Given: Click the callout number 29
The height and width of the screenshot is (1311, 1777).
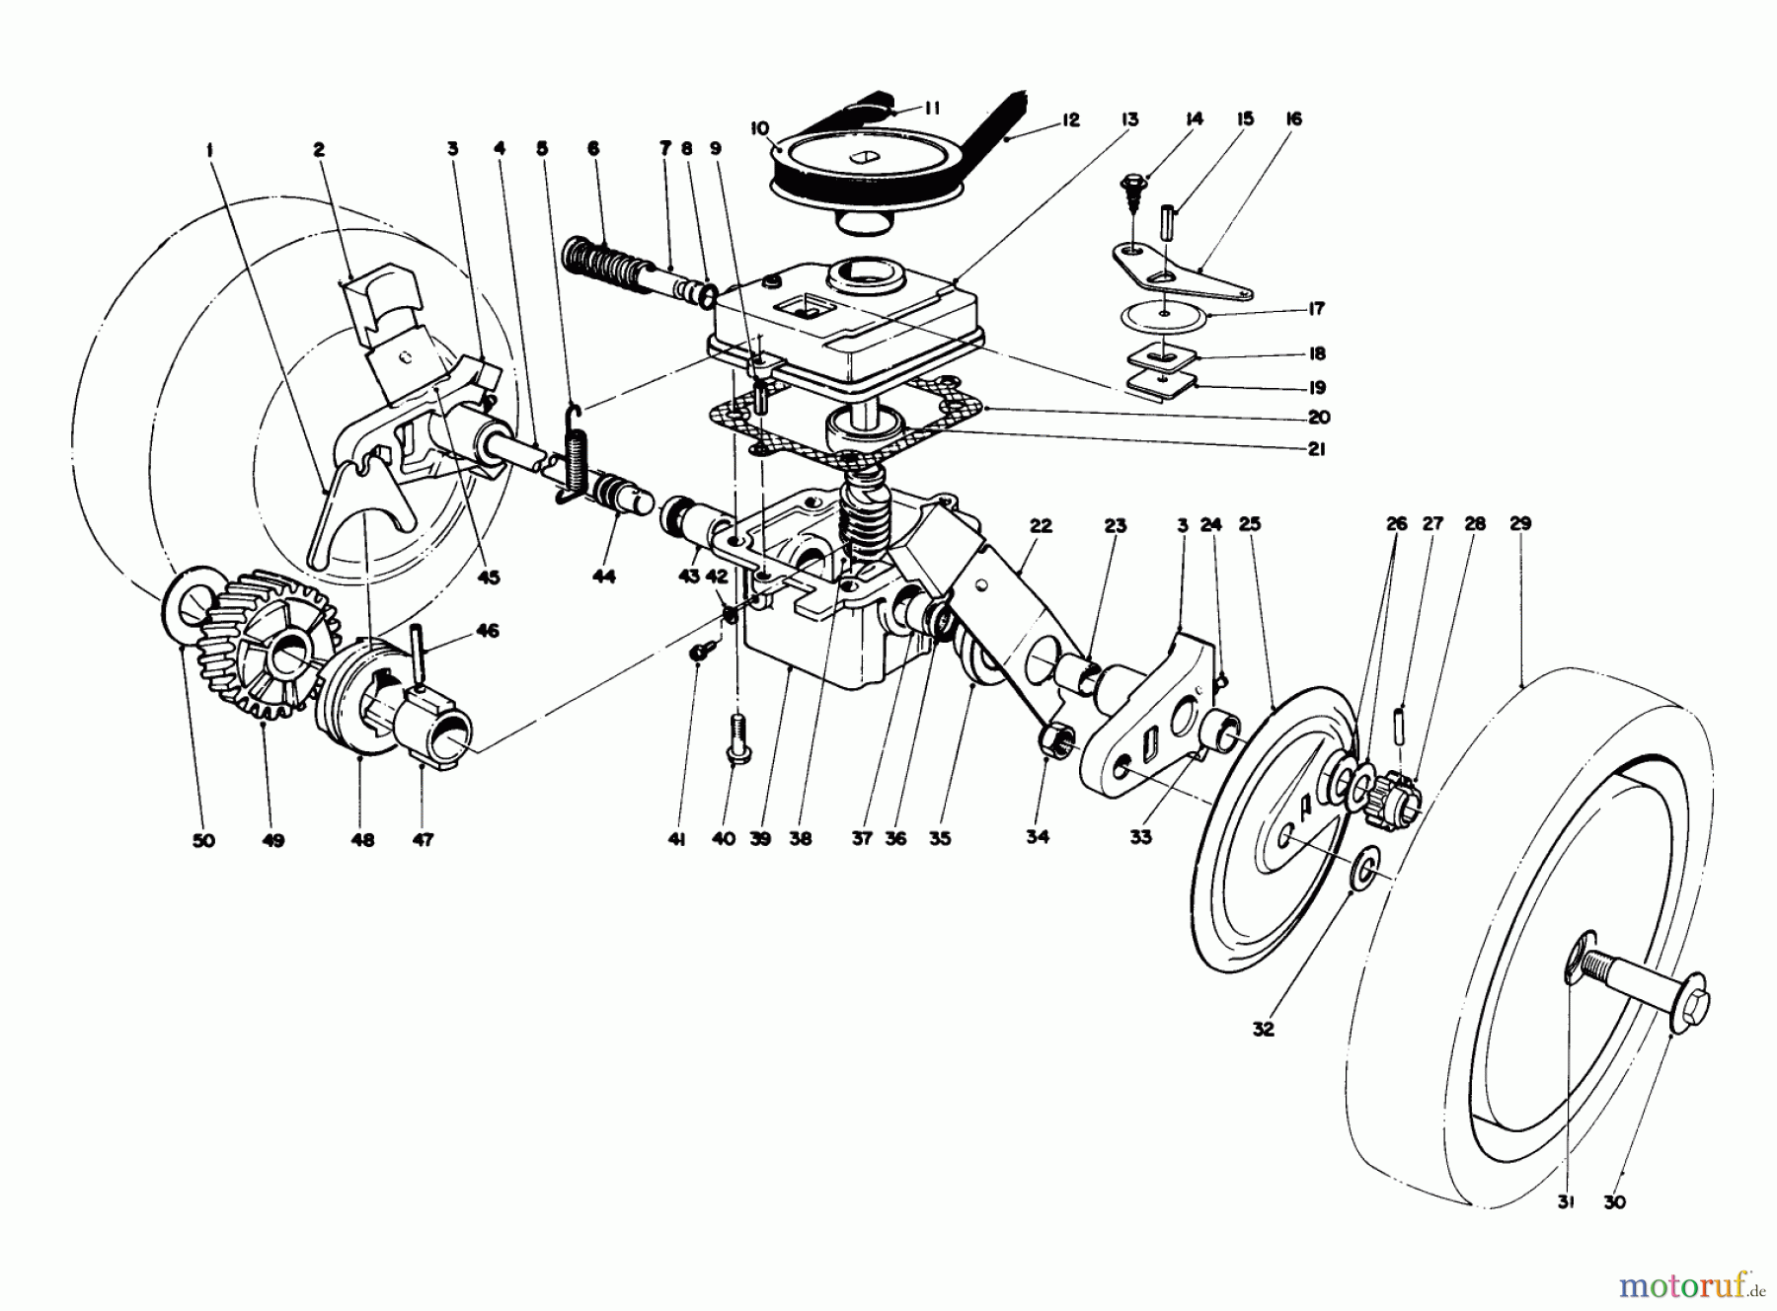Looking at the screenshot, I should [1520, 524].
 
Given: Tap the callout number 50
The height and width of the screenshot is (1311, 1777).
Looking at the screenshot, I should [203, 841].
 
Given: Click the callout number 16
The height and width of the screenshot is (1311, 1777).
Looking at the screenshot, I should [1294, 118].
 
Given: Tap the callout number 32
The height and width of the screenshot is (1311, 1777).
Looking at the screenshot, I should [1264, 1029].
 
